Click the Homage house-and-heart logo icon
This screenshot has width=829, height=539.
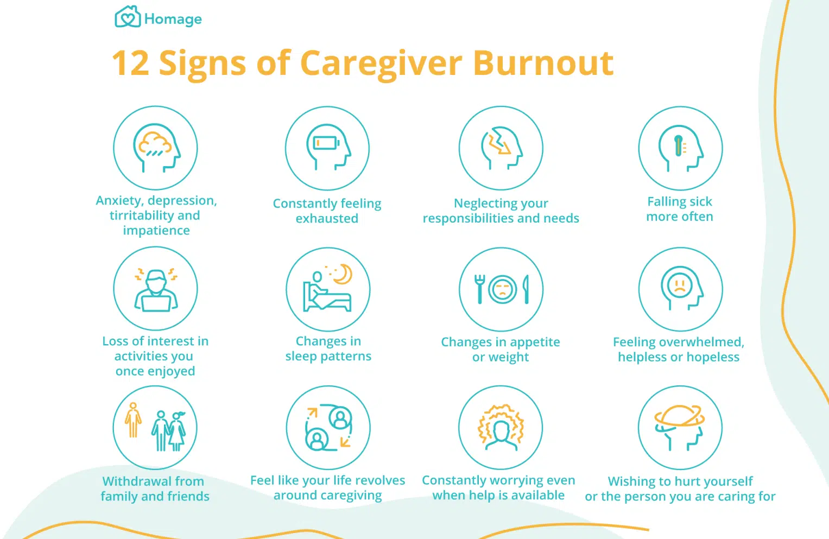click(x=128, y=17)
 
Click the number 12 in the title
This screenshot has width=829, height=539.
click(x=131, y=64)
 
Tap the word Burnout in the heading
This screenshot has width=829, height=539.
click(x=543, y=63)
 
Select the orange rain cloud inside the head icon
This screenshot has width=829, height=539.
click(x=155, y=144)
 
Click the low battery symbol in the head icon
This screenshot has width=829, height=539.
click(x=326, y=143)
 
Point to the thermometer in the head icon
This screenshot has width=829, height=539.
click(x=678, y=145)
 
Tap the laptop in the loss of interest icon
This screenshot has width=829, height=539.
click(x=156, y=303)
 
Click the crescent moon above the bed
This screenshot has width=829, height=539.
click(x=343, y=274)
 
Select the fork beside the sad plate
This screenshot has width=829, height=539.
click(x=479, y=289)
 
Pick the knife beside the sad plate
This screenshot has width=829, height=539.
click(x=526, y=289)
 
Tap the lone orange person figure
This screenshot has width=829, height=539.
click(x=133, y=420)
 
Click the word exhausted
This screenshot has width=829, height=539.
click(x=327, y=218)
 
